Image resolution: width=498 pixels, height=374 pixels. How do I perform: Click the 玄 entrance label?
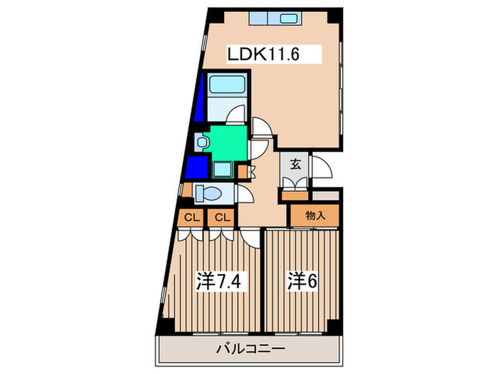295,165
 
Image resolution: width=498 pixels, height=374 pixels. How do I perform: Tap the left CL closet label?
191,217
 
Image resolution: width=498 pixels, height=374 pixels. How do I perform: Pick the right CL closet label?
221,217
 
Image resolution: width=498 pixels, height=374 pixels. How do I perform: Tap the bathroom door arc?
237,114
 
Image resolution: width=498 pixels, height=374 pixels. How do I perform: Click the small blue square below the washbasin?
194,169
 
